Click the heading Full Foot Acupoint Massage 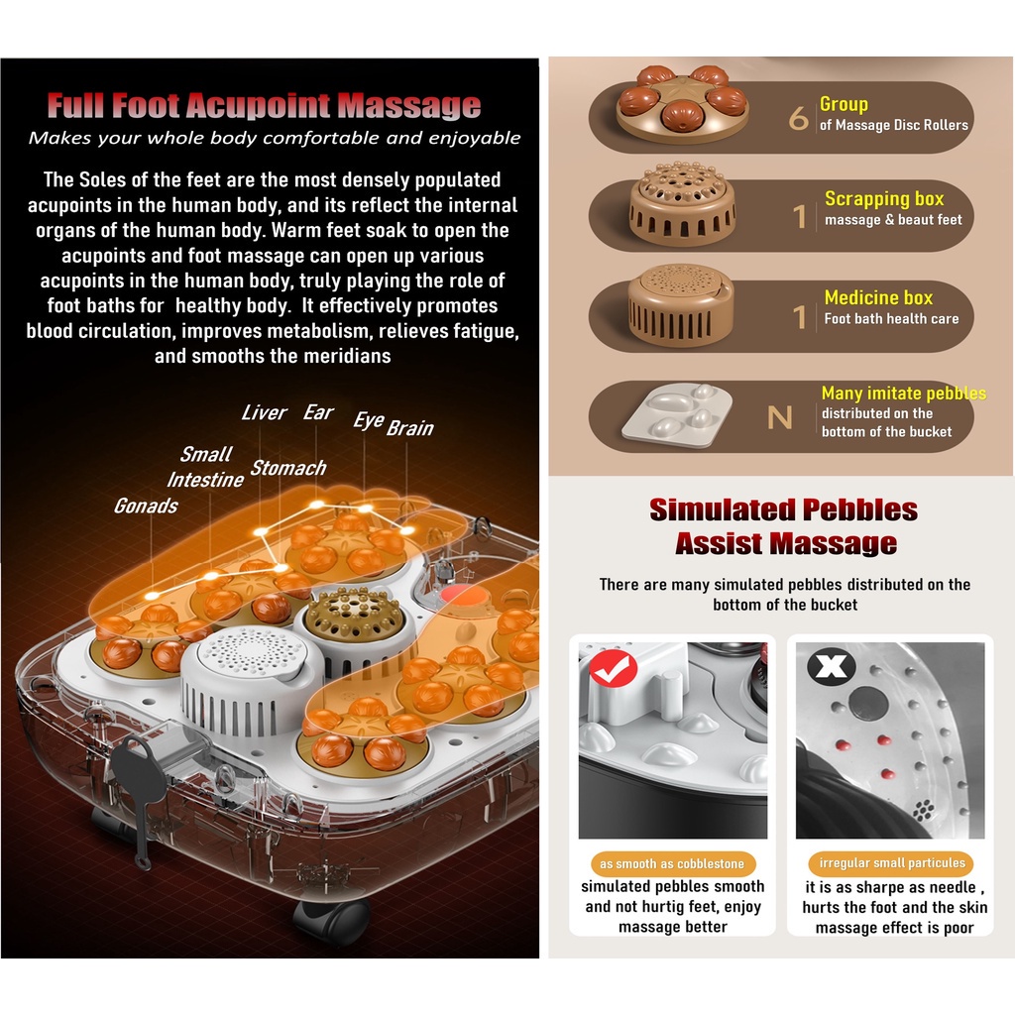264,105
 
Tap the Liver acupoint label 264,412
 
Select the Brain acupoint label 409,428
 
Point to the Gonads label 146,506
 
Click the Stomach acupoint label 287,468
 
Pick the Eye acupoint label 368,420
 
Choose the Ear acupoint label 318,412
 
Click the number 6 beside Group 798,119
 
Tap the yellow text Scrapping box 884,199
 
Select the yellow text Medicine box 878,297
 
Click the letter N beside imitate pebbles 780,417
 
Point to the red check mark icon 613,670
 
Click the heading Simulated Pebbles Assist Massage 784,526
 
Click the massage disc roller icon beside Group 682,104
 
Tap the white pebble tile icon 676,414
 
